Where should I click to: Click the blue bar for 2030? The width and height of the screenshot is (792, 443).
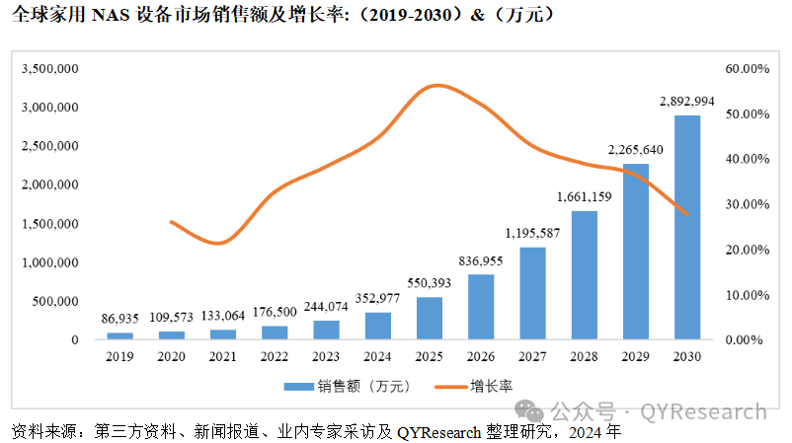(687, 228)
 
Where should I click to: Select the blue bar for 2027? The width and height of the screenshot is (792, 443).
(533, 293)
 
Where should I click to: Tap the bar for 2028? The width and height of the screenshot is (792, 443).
(585, 275)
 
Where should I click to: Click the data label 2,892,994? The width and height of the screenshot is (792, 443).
(686, 102)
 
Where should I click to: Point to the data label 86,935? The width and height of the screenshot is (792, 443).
(120, 320)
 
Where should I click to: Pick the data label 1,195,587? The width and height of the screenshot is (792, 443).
(533, 233)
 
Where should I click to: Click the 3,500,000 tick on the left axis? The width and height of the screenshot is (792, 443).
(49, 69)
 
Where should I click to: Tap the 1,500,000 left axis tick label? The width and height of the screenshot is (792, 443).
(49, 224)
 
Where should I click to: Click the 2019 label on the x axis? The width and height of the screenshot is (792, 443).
(120, 355)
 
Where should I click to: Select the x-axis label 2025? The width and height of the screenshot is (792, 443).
(430, 355)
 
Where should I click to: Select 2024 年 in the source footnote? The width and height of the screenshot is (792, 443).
(594, 432)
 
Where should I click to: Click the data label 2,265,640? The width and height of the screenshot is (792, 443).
(635, 150)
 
